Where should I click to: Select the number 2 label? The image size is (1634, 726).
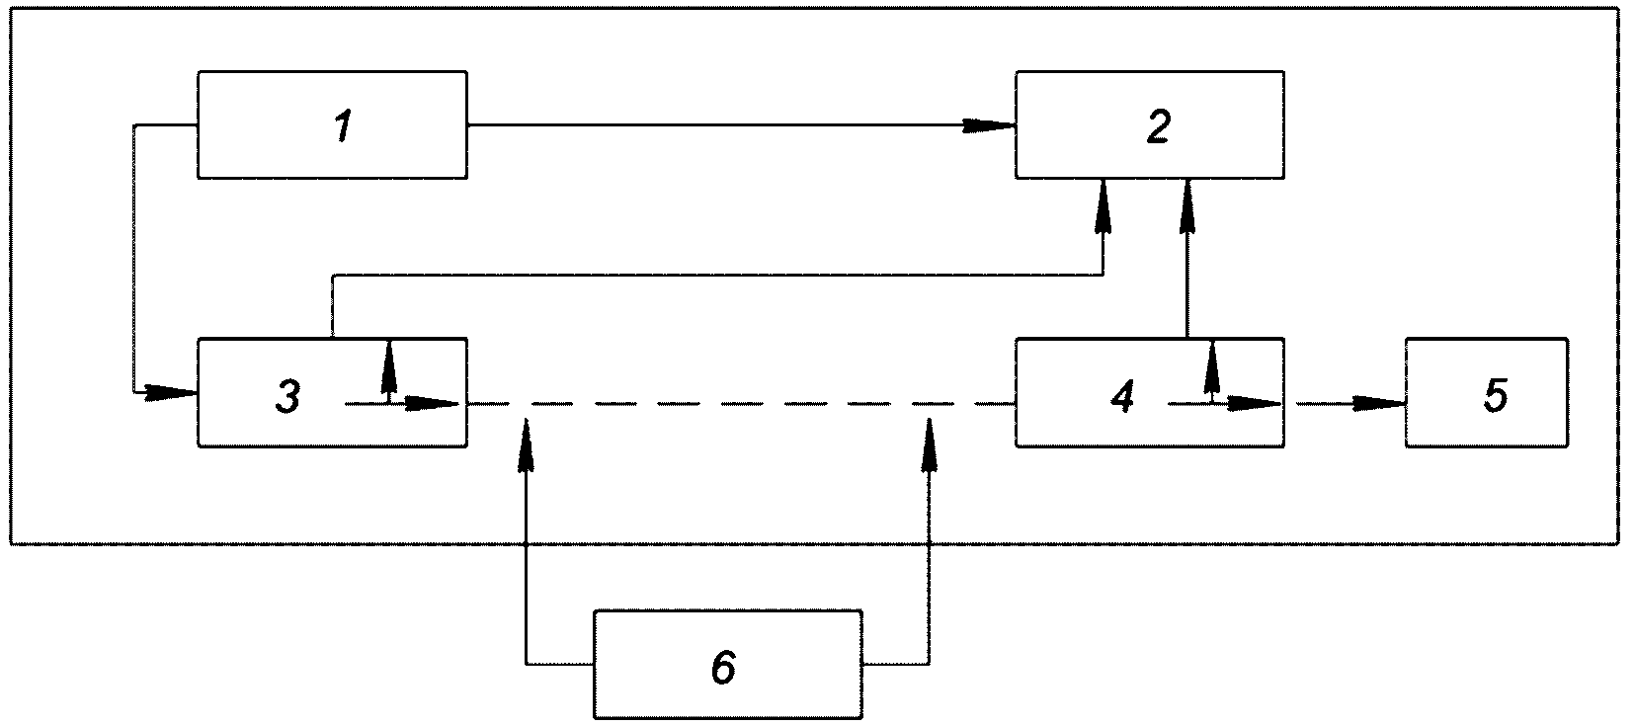1159,125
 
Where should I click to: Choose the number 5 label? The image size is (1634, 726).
1495,395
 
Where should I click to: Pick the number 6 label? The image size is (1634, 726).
723,667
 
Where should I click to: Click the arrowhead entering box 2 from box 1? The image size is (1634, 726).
989,125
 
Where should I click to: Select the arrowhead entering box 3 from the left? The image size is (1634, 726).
172,392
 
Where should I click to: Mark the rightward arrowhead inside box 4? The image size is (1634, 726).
1255,403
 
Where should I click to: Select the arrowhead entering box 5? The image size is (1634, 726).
1379,403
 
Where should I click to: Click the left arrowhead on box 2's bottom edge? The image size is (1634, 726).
1103,206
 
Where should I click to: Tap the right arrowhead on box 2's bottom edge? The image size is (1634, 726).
1187,206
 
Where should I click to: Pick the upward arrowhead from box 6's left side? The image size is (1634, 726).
526,444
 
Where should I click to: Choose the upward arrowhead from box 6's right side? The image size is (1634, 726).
930,444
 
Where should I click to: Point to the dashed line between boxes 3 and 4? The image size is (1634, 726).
741,403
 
